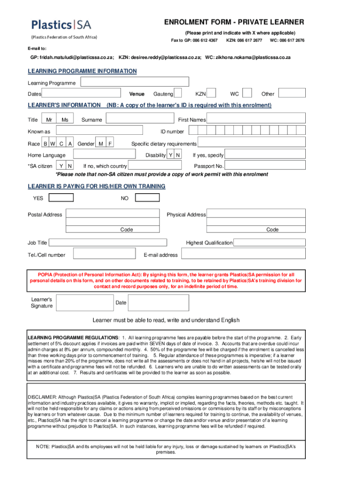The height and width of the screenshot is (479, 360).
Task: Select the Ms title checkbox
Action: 65,120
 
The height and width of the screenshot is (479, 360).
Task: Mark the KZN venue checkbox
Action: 211,94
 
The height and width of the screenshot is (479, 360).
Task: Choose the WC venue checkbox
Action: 247,94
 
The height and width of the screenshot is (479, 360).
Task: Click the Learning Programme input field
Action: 134,83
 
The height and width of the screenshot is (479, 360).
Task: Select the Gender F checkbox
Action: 110,143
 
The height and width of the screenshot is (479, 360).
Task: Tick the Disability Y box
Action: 171,155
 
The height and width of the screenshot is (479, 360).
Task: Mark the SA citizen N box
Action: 70,166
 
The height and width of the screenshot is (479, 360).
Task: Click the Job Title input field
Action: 108,243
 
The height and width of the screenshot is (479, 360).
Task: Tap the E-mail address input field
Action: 243,255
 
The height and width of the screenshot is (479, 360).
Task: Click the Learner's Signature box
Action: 84,303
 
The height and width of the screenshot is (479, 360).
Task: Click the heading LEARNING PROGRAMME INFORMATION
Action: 82,71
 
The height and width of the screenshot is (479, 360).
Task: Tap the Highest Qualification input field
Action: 269,243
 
